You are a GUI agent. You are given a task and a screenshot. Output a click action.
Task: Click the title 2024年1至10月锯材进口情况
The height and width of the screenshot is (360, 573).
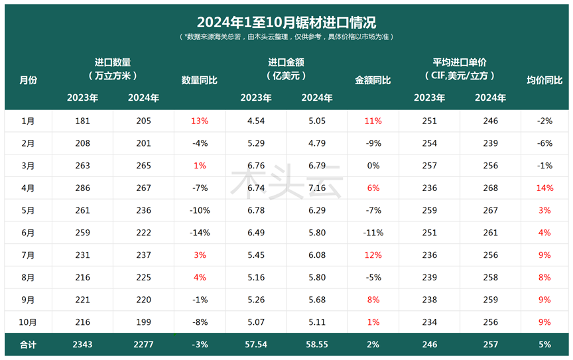(x=286, y=23)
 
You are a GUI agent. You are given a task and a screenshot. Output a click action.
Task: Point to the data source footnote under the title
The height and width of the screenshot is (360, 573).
(x=286, y=37)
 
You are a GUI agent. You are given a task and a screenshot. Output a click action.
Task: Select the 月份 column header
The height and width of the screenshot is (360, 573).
(x=29, y=80)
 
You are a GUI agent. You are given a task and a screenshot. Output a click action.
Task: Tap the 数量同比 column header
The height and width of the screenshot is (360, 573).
(x=200, y=80)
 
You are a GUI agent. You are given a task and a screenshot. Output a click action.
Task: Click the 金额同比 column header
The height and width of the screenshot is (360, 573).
(x=373, y=80)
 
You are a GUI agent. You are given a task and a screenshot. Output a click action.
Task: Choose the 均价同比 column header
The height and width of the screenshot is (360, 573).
(x=544, y=80)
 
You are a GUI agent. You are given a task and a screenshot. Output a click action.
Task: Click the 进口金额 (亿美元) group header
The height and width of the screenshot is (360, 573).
(x=286, y=68)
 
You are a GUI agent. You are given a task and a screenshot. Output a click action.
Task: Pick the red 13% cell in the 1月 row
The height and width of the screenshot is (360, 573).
(x=200, y=121)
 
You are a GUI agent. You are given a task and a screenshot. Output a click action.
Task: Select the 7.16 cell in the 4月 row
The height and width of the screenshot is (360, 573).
(x=317, y=188)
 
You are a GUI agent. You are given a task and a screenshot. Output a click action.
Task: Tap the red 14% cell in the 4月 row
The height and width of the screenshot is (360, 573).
(x=544, y=188)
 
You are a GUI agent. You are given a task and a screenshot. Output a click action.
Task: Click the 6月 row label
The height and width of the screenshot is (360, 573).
(x=29, y=233)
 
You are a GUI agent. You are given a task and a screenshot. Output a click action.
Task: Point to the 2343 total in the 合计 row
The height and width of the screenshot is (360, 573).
(x=83, y=345)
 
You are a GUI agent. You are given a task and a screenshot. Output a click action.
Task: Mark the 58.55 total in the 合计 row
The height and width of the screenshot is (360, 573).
(x=317, y=345)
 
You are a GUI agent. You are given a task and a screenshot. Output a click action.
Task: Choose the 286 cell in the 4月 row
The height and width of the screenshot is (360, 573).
(x=83, y=188)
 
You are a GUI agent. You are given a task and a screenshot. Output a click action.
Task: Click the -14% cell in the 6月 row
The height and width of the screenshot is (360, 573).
(x=200, y=233)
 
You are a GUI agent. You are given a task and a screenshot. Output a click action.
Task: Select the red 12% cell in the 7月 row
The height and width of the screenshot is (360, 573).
(x=373, y=255)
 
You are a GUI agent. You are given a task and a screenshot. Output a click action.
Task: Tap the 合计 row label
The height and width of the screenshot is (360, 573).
(x=29, y=345)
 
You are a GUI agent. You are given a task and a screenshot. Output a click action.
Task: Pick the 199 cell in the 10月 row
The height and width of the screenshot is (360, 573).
(x=143, y=322)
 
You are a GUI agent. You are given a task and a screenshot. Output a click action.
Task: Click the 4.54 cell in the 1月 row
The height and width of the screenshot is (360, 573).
(x=256, y=121)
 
